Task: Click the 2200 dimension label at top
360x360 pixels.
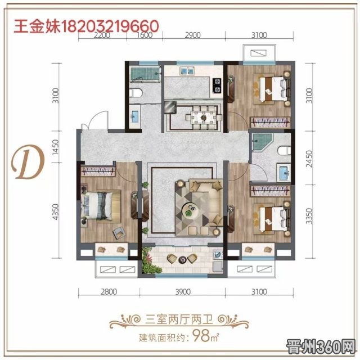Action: (x=102, y=35)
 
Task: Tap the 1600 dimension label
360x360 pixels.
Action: (x=145, y=35)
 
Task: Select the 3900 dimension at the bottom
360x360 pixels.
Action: (x=183, y=292)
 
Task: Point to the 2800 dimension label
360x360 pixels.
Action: (x=109, y=292)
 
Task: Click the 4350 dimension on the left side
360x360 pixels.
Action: (x=56, y=211)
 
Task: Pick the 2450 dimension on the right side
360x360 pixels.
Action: (x=309, y=159)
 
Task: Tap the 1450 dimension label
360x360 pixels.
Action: (x=56, y=147)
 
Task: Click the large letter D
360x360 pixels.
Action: (x=28, y=162)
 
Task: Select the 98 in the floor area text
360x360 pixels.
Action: (x=201, y=336)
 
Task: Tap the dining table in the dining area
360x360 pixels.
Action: (x=204, y=118)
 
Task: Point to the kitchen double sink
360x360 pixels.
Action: (x=187, y=70)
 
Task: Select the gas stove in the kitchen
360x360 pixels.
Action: (x=217, y=85)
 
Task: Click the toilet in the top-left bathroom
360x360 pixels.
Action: (x=136, y=93)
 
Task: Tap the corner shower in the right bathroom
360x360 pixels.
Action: (x=262, y=142)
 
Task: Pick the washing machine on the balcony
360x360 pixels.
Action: (x=218, y=254)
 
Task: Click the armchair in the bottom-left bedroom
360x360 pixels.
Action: (x=119, y=232)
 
